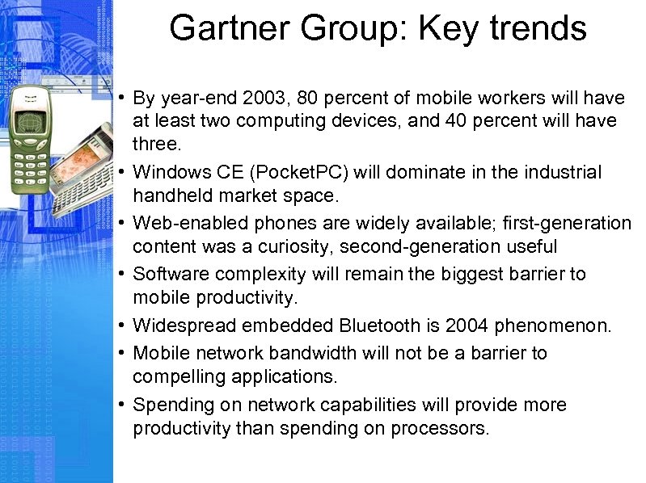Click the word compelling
[178, 376]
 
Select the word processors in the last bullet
[440, 428]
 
